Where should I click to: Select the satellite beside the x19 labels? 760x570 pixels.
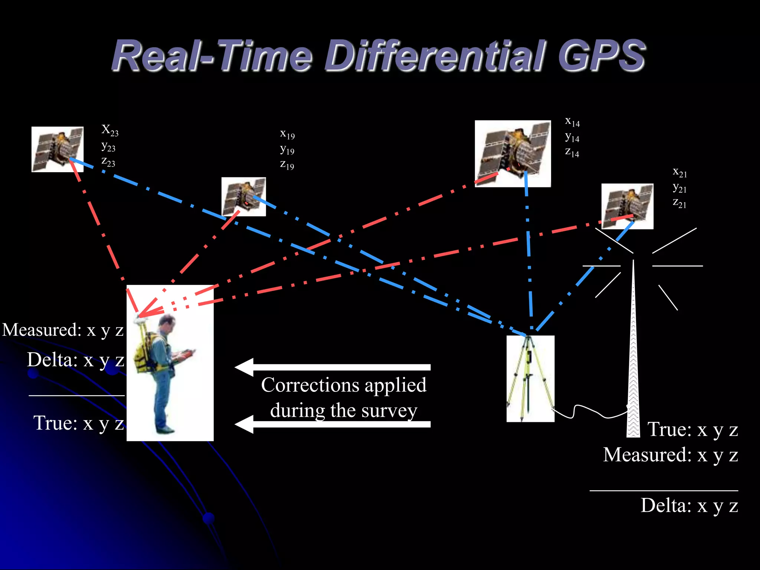[243, 197]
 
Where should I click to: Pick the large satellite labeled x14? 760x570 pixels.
[512, 153]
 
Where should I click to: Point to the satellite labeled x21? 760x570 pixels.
[627, 206]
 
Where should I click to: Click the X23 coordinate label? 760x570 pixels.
[110, 130]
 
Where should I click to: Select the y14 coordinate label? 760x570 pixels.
[572, 137]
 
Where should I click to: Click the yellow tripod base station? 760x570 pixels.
[530, 379]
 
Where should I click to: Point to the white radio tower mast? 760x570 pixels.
[633, 353]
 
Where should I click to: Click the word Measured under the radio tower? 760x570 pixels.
[647, 455]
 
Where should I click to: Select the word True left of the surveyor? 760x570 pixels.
[55, 423]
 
